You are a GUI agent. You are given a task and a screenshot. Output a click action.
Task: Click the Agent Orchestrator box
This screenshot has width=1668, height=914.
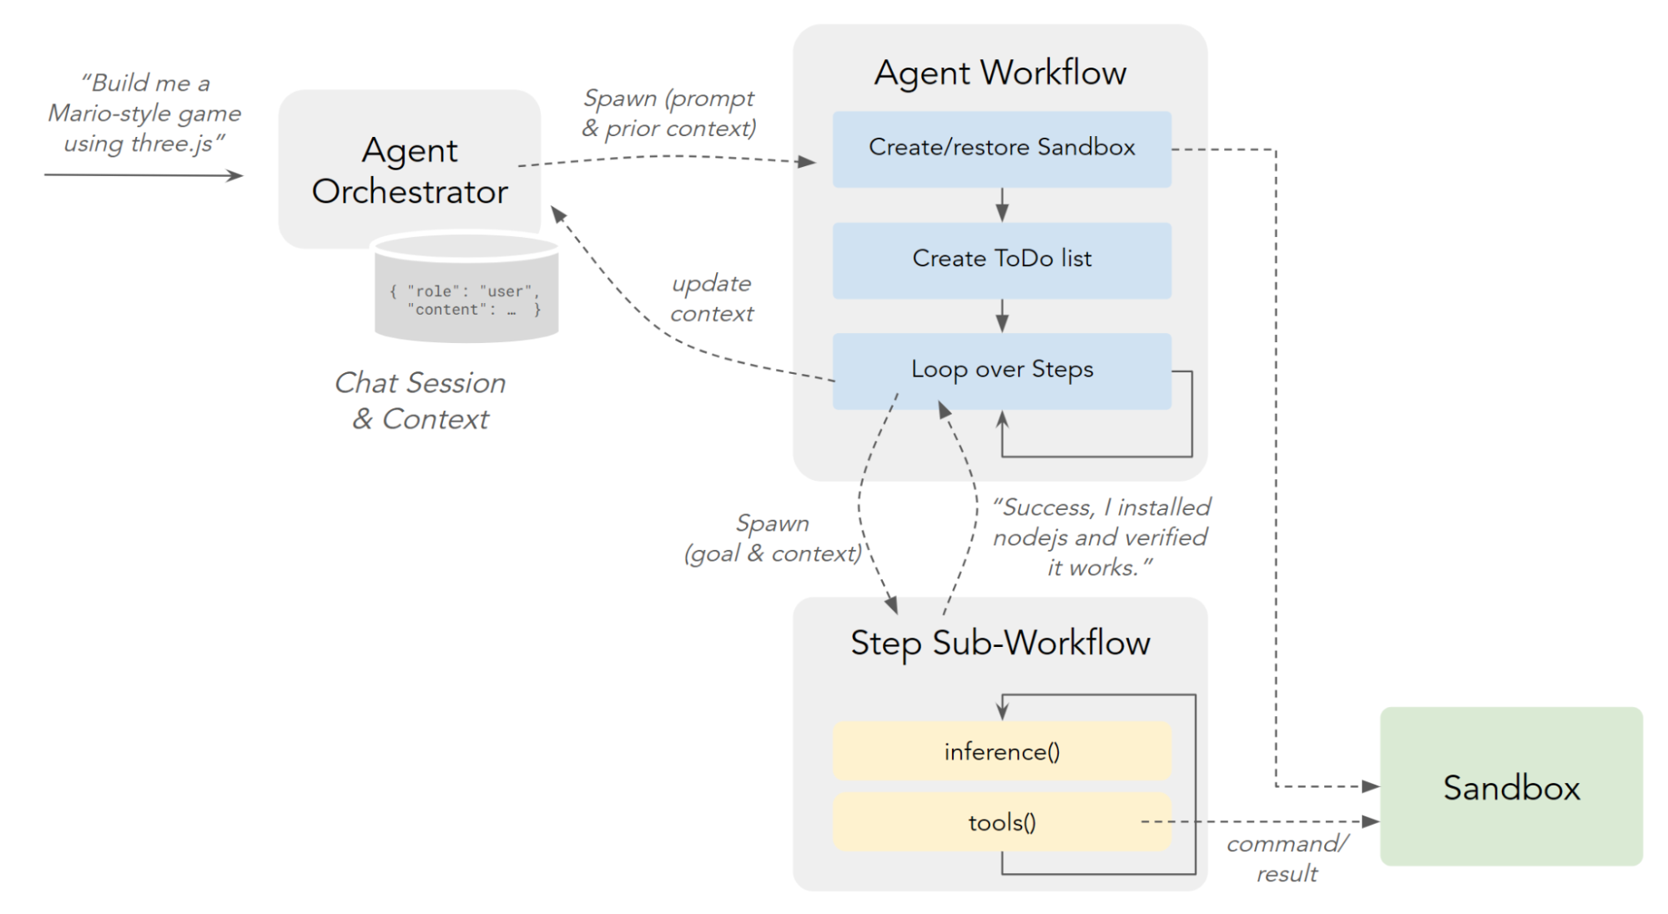[x=409, y=169]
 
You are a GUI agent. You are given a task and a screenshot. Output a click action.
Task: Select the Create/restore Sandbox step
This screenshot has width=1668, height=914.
[x=1001, y=149]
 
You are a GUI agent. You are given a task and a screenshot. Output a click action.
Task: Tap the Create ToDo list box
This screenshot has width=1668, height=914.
[x=1001, y=260]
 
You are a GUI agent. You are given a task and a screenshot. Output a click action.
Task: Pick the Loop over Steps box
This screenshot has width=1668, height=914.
[x=1001, y=371]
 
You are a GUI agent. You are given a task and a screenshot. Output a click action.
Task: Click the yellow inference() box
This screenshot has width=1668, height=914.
[x=1001, y=752]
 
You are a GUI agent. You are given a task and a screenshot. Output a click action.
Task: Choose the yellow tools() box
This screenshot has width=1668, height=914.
[x=1001, y=823]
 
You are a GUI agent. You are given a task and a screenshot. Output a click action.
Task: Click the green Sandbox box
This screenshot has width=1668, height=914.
[x=1511, y=787]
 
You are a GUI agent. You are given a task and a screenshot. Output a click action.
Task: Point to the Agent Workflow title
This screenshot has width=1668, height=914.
[x=1000, y=73]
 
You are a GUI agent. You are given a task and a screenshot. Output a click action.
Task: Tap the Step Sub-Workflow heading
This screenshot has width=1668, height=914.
[x=1000, y=644]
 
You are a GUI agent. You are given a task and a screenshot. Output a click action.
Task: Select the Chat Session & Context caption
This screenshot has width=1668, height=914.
[x=420, y=401]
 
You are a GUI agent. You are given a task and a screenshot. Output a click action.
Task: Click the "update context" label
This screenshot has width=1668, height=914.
[x=711, y=298]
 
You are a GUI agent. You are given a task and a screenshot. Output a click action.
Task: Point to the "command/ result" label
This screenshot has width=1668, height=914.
[x=1287, y=858]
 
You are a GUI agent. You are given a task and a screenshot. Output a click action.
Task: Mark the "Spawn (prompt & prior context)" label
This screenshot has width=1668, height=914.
[x=669, y=114]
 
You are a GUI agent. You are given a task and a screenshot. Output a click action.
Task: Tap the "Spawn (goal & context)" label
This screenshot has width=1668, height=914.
[x=772, y=538]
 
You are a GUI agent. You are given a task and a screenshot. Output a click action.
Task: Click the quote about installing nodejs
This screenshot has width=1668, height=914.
[x=1100, y=538]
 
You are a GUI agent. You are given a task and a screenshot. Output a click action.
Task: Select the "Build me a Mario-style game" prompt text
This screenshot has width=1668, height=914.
[x=144, y=114]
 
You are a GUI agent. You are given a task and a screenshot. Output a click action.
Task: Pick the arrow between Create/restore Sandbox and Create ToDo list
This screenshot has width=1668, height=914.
[x=1002, y=205]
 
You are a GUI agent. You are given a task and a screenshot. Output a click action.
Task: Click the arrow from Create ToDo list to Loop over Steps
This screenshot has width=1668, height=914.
[x=1002, y=316]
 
